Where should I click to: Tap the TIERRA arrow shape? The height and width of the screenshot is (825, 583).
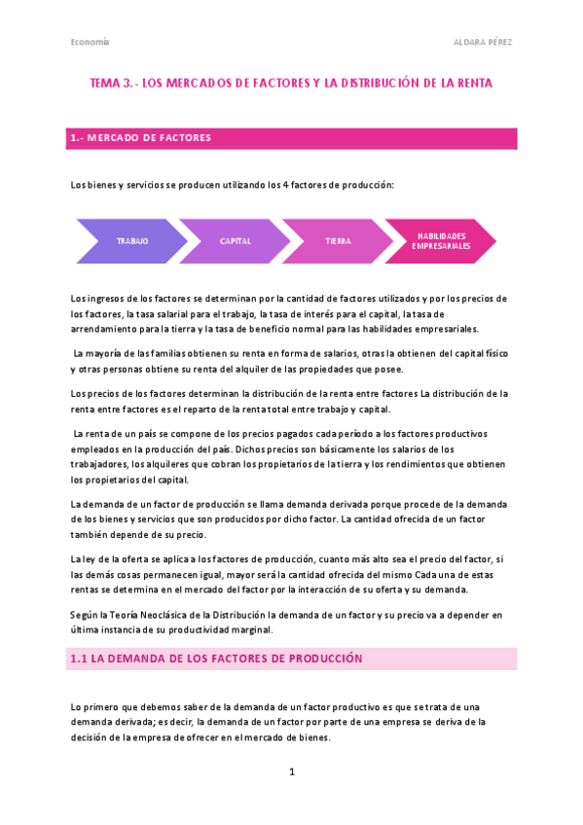click(338, 240)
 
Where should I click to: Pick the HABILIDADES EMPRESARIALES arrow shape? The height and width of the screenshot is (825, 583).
click(441, 240)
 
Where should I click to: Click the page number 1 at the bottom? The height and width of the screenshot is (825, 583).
click(291, 771)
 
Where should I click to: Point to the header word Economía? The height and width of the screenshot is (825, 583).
click(90, 42)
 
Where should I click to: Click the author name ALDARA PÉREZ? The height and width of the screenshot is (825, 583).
click(484, 42)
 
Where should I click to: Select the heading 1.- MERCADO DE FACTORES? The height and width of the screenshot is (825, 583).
click(141, 138)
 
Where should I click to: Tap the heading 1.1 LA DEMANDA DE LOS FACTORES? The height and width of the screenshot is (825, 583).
click(216, 659)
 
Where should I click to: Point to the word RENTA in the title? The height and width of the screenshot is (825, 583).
click(473, 84)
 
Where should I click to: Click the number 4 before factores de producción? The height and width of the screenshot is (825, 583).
click(284, 185)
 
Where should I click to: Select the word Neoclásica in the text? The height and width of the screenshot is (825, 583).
click(160, 615)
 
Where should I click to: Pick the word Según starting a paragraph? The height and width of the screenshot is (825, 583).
click(86, 615)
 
